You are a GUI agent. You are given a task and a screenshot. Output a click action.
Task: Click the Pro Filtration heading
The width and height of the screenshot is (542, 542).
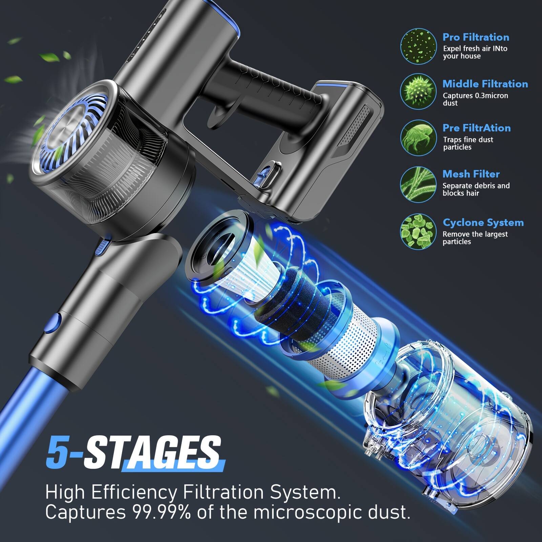click(x=476, y=37)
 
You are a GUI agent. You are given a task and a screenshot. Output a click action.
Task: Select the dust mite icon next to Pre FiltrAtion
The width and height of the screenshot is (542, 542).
click(x=418, y=138)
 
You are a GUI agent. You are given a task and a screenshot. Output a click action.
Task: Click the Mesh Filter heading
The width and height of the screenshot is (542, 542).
click(x=471, y=174)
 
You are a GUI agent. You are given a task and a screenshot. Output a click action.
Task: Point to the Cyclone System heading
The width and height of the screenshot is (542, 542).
click(x=483, y=223)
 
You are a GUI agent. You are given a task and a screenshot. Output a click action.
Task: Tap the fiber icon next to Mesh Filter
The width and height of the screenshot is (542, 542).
click(x=418, y=184)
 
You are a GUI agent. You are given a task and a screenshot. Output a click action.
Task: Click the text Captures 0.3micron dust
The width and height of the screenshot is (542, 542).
click(x=475, y=99)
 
